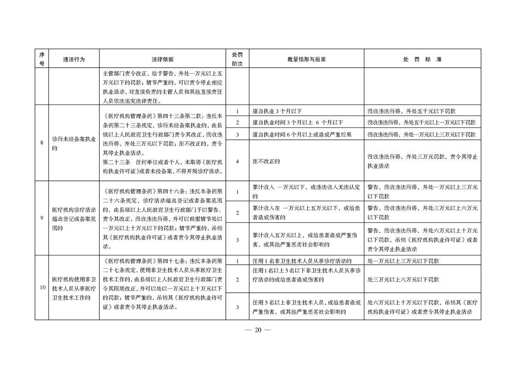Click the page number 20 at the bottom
coord(258,330)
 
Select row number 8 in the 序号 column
coord(41,143)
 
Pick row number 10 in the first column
coord(42,288)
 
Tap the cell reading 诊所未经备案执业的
coord(74,143)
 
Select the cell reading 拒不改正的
coord(266,161)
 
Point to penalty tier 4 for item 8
coord(237,161)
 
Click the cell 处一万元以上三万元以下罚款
coord(403,261)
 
